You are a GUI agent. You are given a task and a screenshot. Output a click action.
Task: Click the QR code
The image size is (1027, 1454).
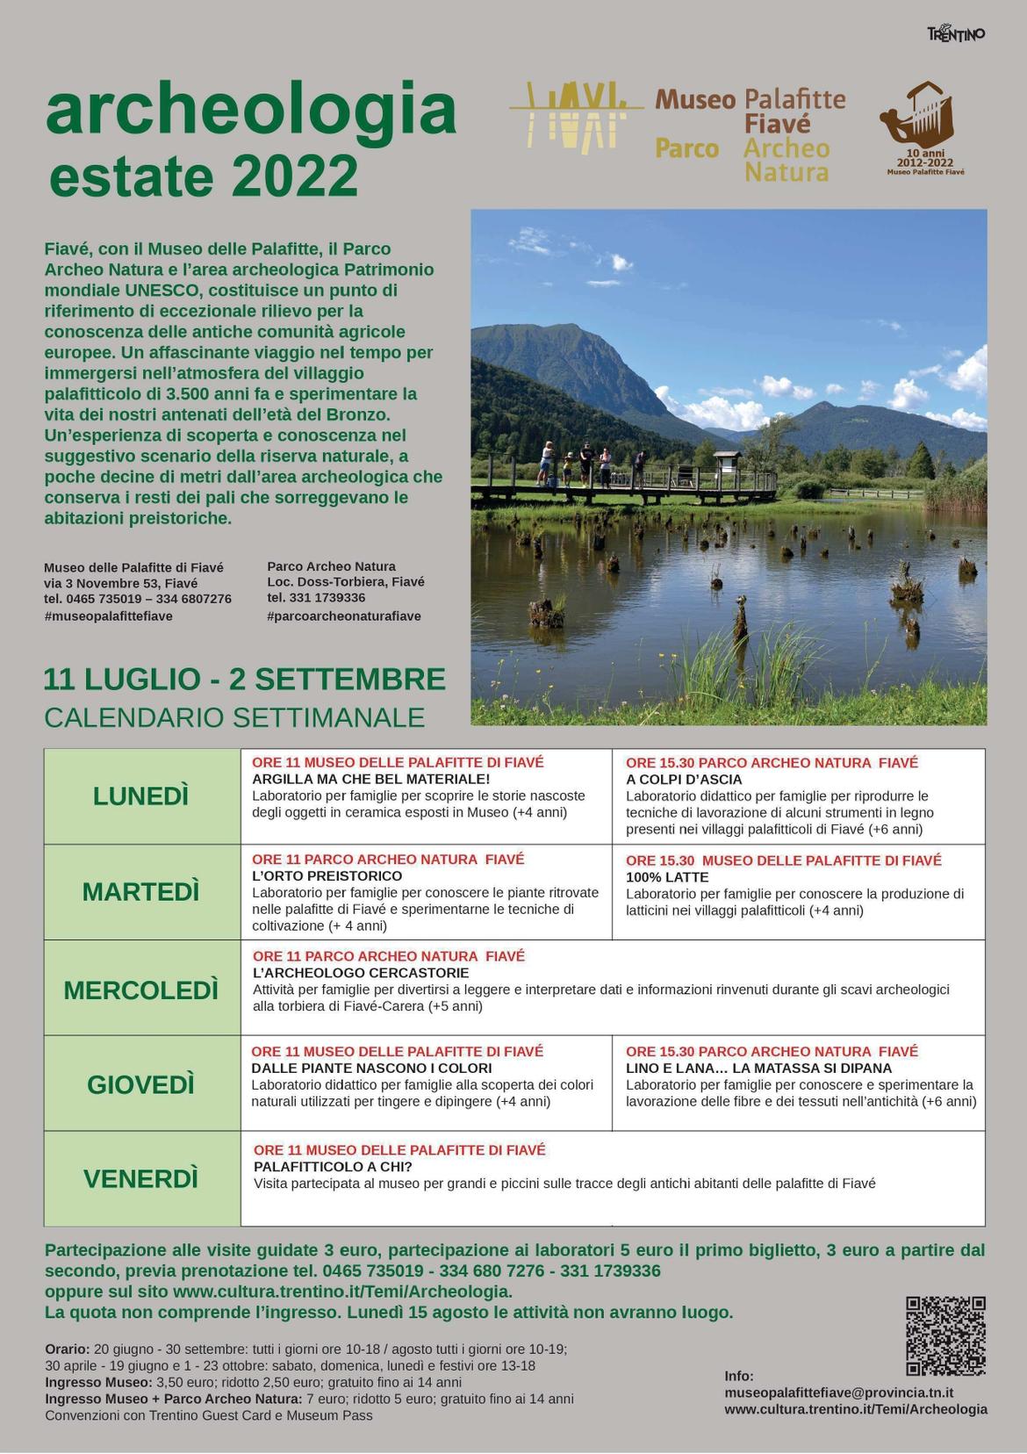945,1335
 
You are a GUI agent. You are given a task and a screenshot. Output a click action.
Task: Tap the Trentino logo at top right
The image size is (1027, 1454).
956,33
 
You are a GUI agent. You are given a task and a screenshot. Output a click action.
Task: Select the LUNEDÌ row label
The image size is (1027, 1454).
141,796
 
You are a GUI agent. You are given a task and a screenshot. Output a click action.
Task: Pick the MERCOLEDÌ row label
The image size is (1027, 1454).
141,990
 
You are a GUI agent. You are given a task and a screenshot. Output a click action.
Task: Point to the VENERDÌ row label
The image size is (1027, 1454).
141,1178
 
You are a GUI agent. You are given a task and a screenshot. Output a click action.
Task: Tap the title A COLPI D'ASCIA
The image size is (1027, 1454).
684,780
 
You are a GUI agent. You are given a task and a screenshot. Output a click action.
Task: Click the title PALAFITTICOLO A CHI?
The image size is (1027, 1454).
333,1167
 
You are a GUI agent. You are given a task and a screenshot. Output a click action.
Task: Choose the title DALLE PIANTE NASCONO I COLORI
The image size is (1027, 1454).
371,1069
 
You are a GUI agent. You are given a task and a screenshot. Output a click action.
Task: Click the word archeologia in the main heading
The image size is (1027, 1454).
251,111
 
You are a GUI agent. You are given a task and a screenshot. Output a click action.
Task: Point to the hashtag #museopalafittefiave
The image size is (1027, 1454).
108,616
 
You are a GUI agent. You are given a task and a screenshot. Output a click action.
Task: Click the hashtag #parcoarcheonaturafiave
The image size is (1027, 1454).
344,616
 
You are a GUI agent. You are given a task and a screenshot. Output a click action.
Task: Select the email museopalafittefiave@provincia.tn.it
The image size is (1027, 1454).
839,1393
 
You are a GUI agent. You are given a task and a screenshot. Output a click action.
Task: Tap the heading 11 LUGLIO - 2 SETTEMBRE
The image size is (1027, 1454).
245,680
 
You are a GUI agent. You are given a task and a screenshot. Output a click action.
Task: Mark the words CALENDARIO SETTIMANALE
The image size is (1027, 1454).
234,717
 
